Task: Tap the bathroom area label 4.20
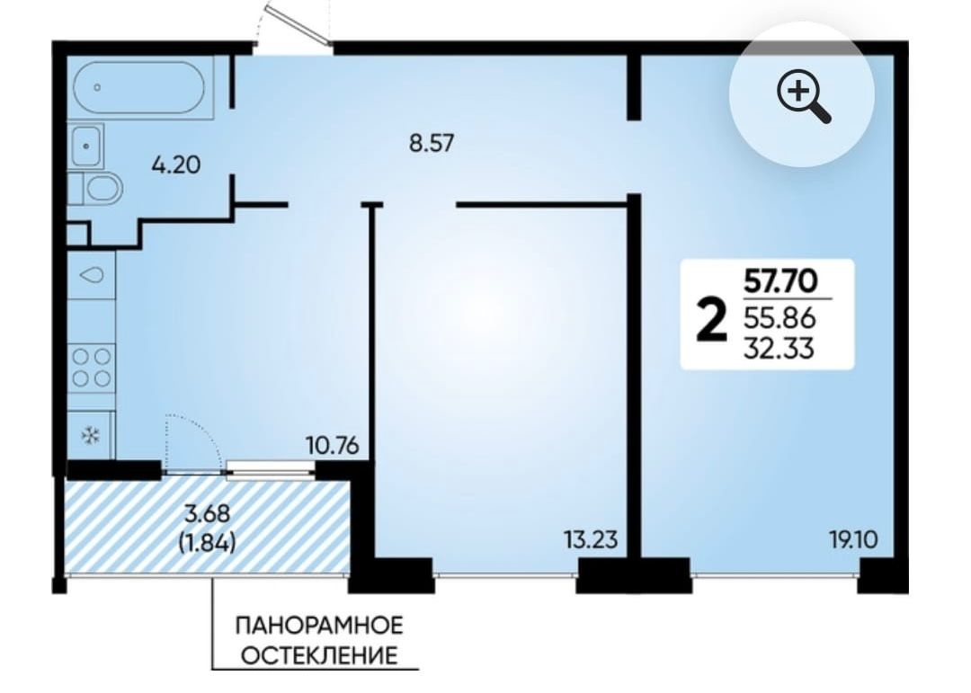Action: pyautogui.click(x=176, y=165)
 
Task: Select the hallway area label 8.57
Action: pyautogui.click(x=432, y=144)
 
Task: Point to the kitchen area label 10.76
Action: pyautogui.click(x=333, y=445)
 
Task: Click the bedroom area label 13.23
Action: pyautogui.click(x=592, y=539)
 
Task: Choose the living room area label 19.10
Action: pyautogui.click(x=853, y=540)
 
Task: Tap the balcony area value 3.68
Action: pyautogui.click(x=208, y=513)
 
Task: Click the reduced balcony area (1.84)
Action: pyautogui.click(x=207, y=543)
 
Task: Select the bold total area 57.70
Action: pyautogui.click(x=780, y=281)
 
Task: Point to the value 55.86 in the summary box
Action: pyautogui.click(x=779, y=318)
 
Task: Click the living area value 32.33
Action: pyautogui.click(x=779, y=350)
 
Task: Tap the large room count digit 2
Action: pyautogui.click(x=711, y=318)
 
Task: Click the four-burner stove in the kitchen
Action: pyautogui.click(x=91, y=367)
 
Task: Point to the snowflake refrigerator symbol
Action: pyautogui.click(x=91, y=436)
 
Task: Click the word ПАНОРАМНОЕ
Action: pyautogui.click(x=319, y=626)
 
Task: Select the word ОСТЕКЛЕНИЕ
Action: pyautogui.click(x=319, y=655)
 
